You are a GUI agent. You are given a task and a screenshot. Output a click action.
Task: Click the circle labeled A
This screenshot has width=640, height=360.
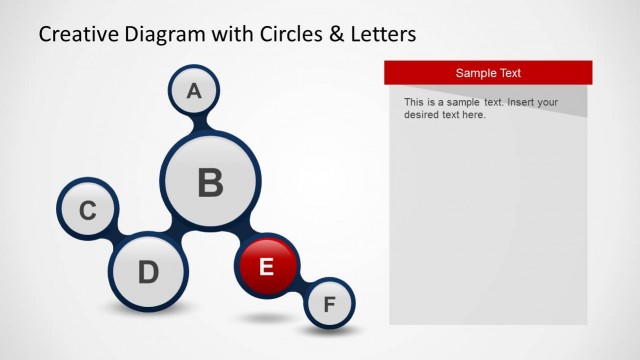(x=194, y=91)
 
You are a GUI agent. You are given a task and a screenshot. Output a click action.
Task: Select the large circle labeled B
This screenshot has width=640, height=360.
(x=210, y=183)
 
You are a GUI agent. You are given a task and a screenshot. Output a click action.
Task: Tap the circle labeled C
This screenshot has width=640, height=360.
(x=88, y=210)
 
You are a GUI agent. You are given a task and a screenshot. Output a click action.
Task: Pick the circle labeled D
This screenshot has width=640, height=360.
(x=148, y=271)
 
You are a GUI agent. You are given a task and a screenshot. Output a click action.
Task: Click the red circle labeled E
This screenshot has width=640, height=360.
(x=266, y=266)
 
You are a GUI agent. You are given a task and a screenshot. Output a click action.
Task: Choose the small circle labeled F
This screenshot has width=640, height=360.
(x=329, y=304)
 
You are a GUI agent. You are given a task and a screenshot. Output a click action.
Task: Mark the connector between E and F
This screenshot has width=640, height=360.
(x=300, y=286)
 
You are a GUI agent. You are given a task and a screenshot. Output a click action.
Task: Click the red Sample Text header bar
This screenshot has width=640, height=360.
(x=488, y=73)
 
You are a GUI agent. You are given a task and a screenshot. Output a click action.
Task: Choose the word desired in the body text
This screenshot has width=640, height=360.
(x=424, y=115)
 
